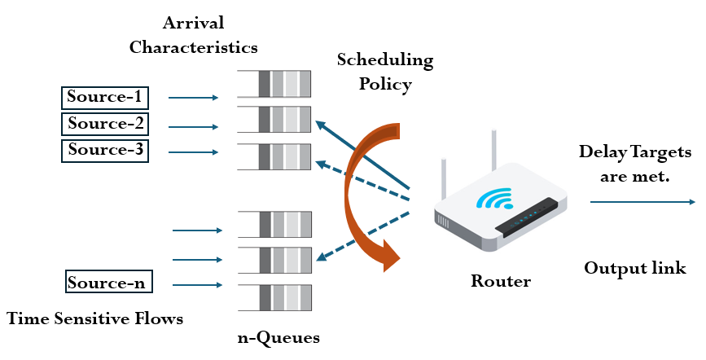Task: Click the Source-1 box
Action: [104, 98]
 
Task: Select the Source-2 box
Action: [104, 125]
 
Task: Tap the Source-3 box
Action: [104, 151]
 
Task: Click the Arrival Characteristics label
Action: [193, 34]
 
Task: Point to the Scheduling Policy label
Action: [385, 72]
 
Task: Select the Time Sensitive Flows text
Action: [94, 318]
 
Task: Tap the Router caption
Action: [501, 282]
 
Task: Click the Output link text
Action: [635, 269]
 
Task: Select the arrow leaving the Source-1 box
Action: [194, 98]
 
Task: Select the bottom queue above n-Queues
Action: [274, 298]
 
